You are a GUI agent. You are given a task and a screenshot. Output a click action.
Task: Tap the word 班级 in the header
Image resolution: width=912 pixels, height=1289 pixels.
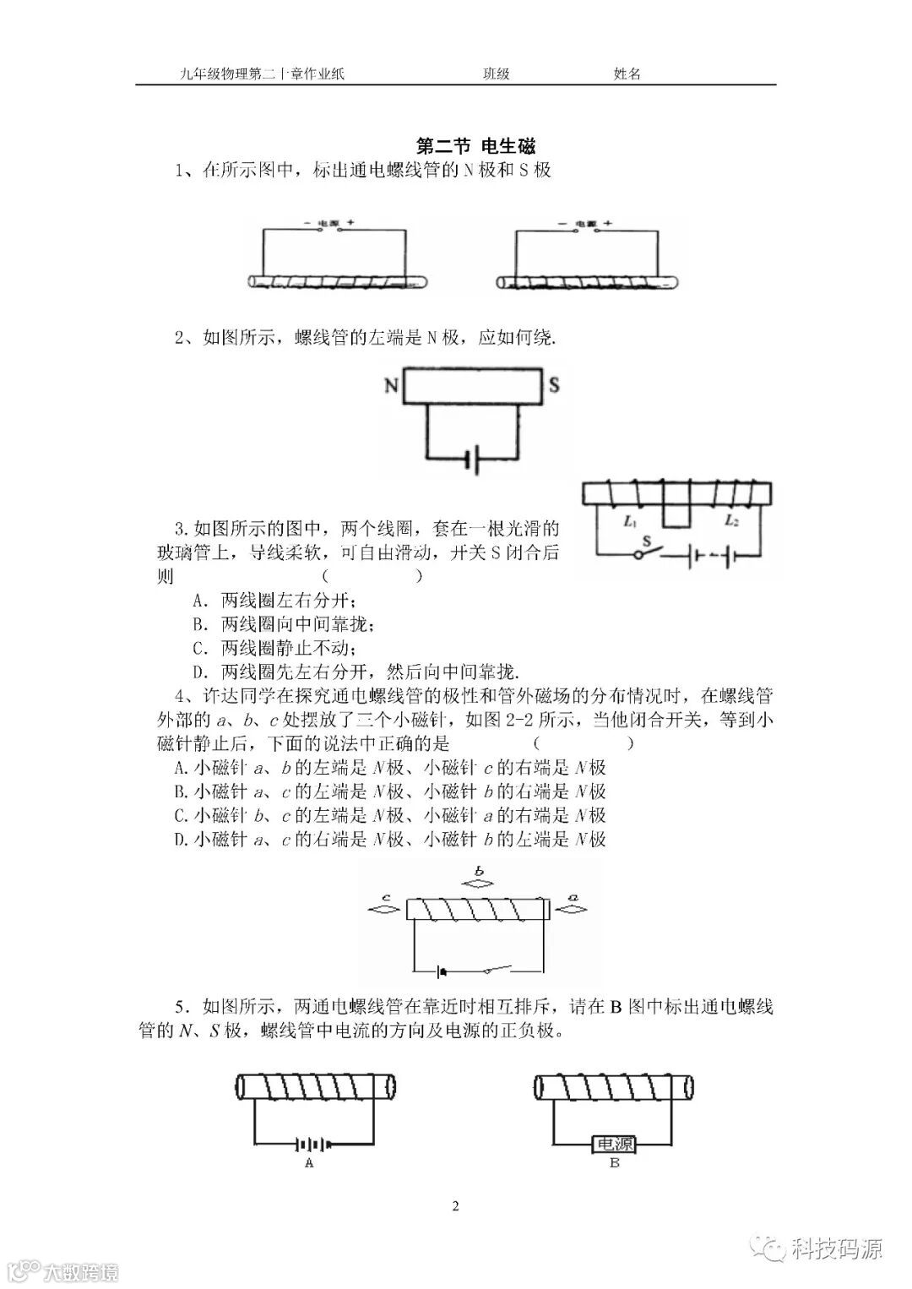[x=496, y=73]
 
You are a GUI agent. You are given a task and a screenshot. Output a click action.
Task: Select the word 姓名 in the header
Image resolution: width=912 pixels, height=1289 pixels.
[x=627, y=73]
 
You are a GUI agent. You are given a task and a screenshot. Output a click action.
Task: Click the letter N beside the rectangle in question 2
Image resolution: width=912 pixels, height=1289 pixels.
[x=391, y=386]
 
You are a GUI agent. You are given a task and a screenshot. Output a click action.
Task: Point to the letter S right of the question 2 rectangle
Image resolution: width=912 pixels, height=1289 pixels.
[x=554, y=386]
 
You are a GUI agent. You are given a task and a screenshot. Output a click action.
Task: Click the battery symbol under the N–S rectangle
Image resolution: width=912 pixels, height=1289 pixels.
[x=472, y=460]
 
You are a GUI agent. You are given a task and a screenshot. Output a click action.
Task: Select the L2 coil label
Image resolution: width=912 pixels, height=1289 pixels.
[x=731, y=521]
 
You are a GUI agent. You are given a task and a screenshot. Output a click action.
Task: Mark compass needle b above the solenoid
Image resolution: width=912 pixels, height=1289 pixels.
[x=479, y=884]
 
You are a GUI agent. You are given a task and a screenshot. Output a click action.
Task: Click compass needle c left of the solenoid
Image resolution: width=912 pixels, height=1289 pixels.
[x=384, y=910]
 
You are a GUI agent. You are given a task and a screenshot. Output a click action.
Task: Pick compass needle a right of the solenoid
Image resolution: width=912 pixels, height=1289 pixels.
[x=574, y=910]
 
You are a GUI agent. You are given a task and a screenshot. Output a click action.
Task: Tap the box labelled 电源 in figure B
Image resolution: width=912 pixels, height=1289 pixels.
[x=614, y=1145]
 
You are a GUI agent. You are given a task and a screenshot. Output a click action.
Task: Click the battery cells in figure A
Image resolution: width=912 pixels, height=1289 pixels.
[x=310, y=1145]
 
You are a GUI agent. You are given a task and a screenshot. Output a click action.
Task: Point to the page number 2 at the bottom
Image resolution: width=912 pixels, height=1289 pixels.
[x=456, y=1205]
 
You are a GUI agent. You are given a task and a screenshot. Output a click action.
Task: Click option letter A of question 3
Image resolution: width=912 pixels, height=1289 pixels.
[x=199, y=601]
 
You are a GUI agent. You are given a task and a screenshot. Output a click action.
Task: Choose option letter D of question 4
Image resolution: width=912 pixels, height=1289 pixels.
[x=179, y=840]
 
